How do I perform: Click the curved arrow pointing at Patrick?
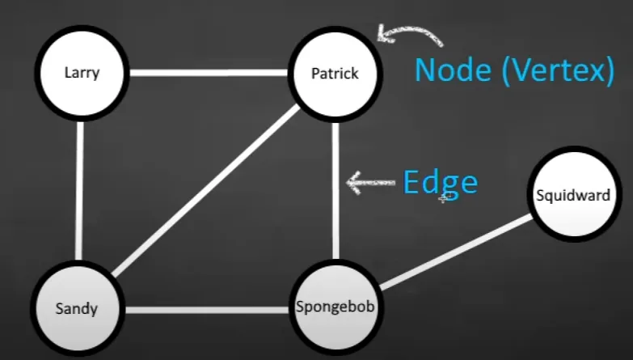pyautogui.click(x=409, y=33)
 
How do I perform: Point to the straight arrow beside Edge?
pyautogui.click(x=369, y=181)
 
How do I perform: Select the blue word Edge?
pyautogui.click(x=440, y=182)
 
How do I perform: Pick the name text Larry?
pyautogui.click(x=82, y=74)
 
